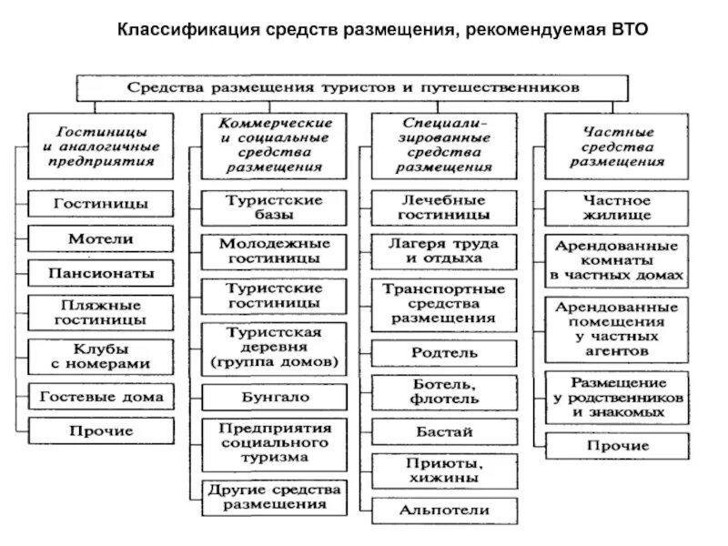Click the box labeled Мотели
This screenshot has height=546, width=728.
(100, 238)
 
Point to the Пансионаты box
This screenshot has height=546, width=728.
(100, 272)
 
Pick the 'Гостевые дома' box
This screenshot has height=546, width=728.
(100, 396)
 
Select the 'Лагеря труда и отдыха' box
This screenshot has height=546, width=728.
(446, 250)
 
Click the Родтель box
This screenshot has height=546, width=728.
(446, 350)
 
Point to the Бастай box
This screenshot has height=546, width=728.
(446, 432)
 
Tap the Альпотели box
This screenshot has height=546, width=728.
(446, 510)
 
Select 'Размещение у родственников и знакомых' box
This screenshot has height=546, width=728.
(617, 397)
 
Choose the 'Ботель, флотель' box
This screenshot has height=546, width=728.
(446, 391)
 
